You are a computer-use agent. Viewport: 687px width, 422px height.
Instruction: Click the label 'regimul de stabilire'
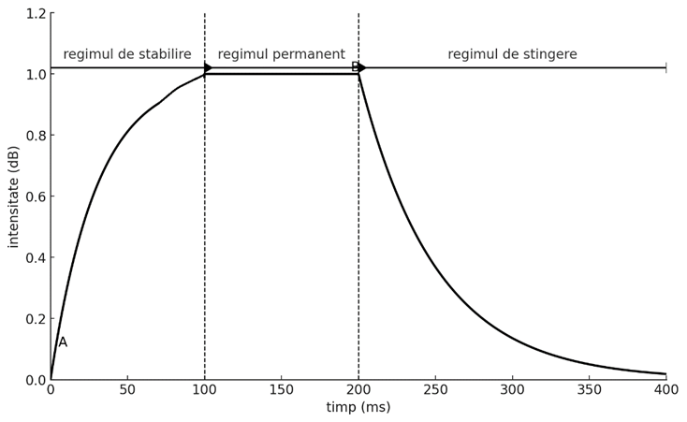[x=127, y=54]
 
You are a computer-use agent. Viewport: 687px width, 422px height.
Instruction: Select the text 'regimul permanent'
[x=281, y=54]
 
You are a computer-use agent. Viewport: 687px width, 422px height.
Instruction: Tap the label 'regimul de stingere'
[x=512, y=54]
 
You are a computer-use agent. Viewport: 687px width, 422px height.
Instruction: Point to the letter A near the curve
[x=63, y=342]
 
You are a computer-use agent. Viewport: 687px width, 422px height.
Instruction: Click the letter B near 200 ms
[x=355, y=67]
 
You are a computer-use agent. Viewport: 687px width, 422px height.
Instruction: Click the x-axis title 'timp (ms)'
[x=358, y=408]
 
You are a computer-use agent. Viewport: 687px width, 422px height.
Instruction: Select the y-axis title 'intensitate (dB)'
[x=13, y=196]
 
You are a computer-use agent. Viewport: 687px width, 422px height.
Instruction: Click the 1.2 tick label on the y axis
[x=36, y=13]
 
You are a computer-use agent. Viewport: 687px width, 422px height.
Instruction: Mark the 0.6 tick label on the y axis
[x=36, y=196]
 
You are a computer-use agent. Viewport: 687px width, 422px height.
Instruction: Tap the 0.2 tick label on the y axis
[x=36, y=319]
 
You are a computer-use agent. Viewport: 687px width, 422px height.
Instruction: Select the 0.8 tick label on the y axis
[x=36, y=136]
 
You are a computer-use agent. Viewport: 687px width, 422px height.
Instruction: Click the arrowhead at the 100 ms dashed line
[x=208, y=67]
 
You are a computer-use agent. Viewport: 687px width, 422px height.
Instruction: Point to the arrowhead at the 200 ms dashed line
[x=361, y=67]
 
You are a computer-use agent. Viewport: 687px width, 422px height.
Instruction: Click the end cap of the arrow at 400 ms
[x=665, y=67]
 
